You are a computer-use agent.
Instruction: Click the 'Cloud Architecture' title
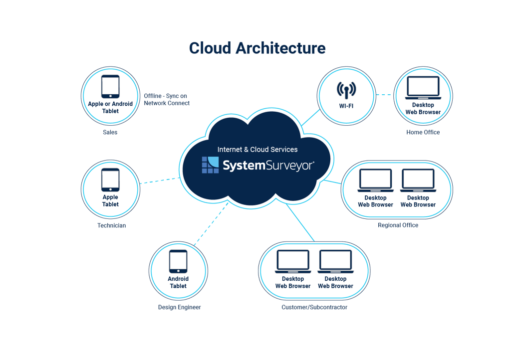point(257,48)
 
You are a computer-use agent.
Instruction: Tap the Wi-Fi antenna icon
point(346,90)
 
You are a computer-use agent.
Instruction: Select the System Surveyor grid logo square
point(210,165)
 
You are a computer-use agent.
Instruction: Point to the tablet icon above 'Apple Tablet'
point(110,180)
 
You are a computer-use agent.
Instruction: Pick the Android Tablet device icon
point(178,261)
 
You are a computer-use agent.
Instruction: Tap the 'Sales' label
point(110,132)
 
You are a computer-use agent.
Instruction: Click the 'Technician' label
point(111,225)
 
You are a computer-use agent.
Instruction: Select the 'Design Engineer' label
point(179,307)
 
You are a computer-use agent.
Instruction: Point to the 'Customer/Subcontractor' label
point(314,307)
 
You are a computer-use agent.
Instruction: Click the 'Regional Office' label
point(398,225)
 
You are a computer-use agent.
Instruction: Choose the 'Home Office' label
point(423,132)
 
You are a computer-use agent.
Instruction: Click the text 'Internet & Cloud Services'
point(257,149)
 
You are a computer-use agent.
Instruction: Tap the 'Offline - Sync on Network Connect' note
point(167,99)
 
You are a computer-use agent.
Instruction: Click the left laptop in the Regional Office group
point(375,180)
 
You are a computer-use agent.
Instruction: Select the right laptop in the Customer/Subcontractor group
point(335,262)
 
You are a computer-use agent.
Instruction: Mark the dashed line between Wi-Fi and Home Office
point(384,94)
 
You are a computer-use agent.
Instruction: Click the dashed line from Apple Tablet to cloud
point(160,180)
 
